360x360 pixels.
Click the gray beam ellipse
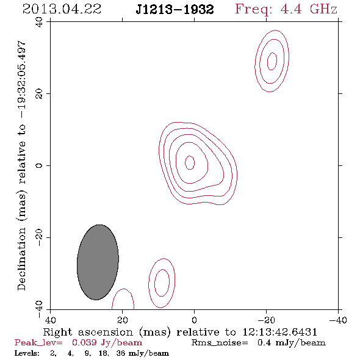[98, 262]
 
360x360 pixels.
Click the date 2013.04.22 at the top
[62, 9]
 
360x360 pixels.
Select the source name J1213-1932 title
[175, 10]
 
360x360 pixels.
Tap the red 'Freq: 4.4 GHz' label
[286, 9]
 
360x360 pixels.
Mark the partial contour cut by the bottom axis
[124, 289]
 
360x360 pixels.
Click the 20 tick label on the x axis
[123, 320]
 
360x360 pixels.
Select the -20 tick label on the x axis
[266, 320]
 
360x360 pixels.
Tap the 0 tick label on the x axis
[194, 320]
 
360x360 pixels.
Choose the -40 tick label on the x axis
[338, 320]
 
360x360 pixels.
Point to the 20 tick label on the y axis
[39, 94]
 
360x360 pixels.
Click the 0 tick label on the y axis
[39, 165]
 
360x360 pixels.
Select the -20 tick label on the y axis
[39, 237]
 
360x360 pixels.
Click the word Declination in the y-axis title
[21, 259]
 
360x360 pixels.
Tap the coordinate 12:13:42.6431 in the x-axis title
[279, 332]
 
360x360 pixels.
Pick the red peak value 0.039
[84, 342]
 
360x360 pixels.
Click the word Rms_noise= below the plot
[220, 343]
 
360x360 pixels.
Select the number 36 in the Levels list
[121, 353]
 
